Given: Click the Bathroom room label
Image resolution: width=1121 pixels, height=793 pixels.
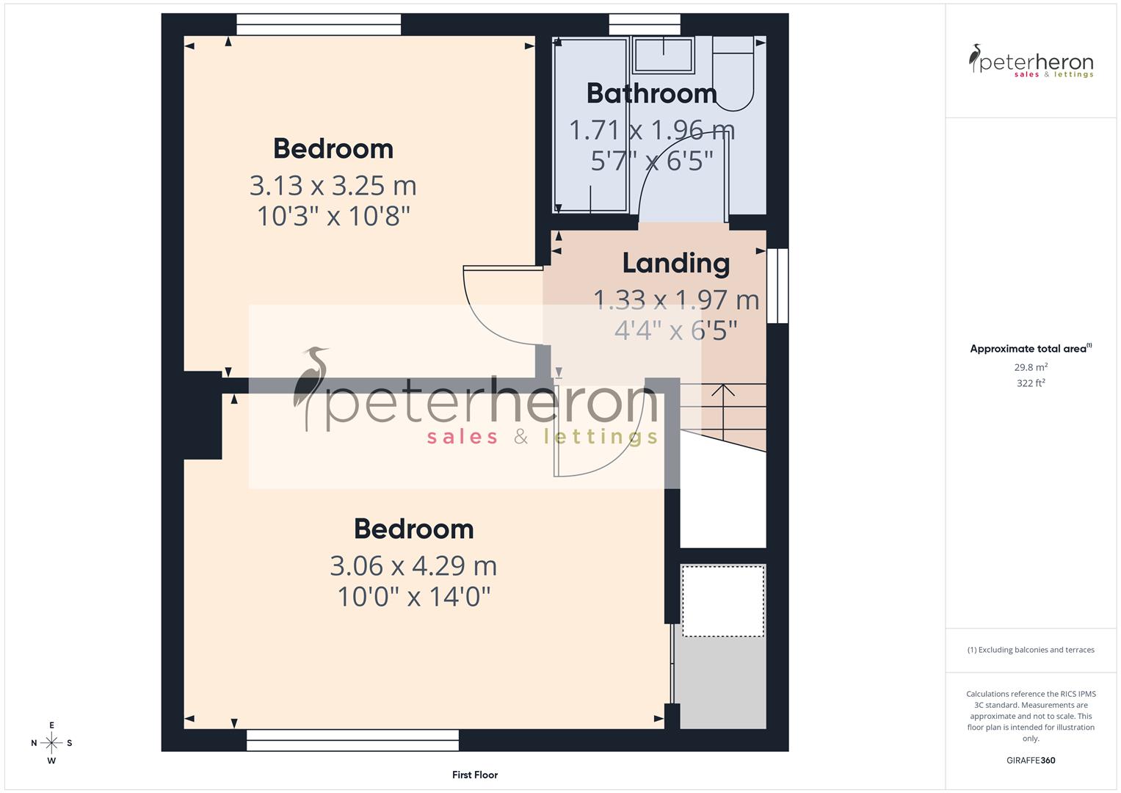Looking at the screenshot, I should [x=651, y=94].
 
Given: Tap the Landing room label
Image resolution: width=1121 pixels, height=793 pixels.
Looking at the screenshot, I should [x=676, y=263].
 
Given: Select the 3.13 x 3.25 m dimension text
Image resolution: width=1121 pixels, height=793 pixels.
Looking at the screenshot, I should [x=333, y=185].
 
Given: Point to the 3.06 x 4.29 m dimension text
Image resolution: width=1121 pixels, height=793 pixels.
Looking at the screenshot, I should [x=413, y=565].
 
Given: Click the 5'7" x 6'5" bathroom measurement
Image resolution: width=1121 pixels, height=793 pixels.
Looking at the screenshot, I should [x=652, y=160].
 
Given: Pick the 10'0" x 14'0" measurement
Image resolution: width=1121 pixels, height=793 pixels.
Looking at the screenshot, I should [x=413, y=597].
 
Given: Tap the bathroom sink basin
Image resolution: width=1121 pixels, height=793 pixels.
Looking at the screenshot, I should [x=664, y=55].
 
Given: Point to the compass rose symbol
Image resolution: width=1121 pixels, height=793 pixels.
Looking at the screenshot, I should [x=51, y=743].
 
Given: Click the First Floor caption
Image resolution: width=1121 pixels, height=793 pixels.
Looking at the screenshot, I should [x=475, y=775].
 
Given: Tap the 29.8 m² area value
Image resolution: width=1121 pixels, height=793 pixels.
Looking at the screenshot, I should [x=1031, y=367].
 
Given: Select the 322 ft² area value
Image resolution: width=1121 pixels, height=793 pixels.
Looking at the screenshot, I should [x=1031, y=383].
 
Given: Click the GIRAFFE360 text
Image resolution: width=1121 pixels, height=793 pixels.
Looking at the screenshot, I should [x=1031, y=760].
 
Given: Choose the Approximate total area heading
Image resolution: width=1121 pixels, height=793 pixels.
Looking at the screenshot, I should [x=1030, y=349].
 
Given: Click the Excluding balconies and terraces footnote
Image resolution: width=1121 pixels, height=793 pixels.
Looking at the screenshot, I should [x=1031, y=650].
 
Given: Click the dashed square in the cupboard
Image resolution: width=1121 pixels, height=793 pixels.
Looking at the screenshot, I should [x=723, y=601].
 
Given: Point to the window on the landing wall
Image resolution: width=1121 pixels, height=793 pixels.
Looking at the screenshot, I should [x=777, y=286].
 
